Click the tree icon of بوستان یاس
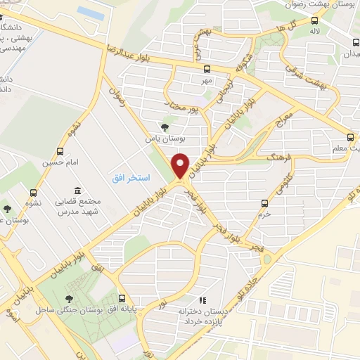(165, 127)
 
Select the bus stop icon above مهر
(207, 70)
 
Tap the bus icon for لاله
(314, 21)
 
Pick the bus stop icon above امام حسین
(61, 151)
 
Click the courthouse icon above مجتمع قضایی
(76, 191)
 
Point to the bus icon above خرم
(264, 204)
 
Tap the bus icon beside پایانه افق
(122, 297)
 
